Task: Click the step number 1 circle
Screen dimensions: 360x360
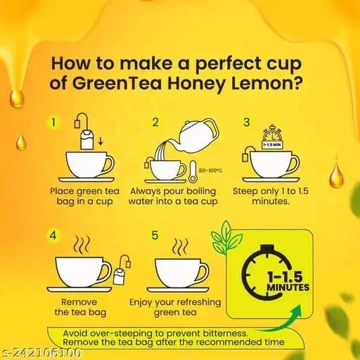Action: (x=53, y=122)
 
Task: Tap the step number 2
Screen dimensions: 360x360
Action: (x=155, y=122)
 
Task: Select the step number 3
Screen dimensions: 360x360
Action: (x=247, y=122)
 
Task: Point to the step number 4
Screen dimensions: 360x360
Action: (x=53, y=235)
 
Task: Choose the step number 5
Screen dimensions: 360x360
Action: (x=155, y=235)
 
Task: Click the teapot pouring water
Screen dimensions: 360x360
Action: (x=198, y=136)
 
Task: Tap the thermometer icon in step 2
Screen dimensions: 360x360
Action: (x=193, y=172)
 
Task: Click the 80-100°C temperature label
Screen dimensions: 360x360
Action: (x=210, y=170)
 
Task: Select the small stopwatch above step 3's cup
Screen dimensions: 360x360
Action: (x=272, y=137)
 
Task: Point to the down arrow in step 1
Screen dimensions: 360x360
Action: (x=101, y=141)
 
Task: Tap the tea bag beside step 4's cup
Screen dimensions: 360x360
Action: (x=121, y=269)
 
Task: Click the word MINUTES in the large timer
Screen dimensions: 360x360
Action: (x=288, y=288)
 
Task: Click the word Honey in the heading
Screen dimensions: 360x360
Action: (x=196, y=84)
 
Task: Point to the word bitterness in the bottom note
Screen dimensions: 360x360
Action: (x=225, y=333)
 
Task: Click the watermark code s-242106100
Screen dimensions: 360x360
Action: (x=40, y=352)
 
